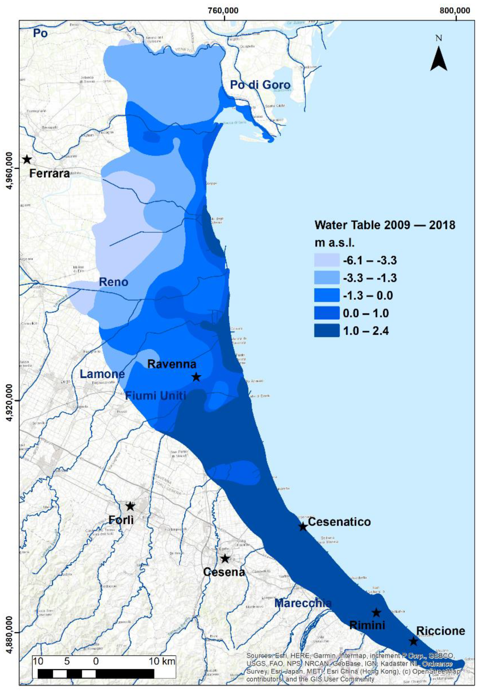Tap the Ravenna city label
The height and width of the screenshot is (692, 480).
[x=172, y=364]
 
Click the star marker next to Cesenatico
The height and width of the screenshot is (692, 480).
[x=303, y=526]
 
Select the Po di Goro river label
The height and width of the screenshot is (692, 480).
[x=260, y=85]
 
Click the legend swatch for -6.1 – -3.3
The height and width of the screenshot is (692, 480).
[x=327, y=260]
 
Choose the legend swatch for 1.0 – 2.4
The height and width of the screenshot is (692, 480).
[x=327, y=331]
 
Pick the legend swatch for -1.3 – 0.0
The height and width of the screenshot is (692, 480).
[x=327, y=295]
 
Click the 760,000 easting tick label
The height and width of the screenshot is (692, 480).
[x=223, y=10]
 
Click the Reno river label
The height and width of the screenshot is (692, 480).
[x=114, y=282]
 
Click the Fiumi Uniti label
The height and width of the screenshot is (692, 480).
[x=156, y=395]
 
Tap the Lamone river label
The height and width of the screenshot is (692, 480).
[x=102, y=374]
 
